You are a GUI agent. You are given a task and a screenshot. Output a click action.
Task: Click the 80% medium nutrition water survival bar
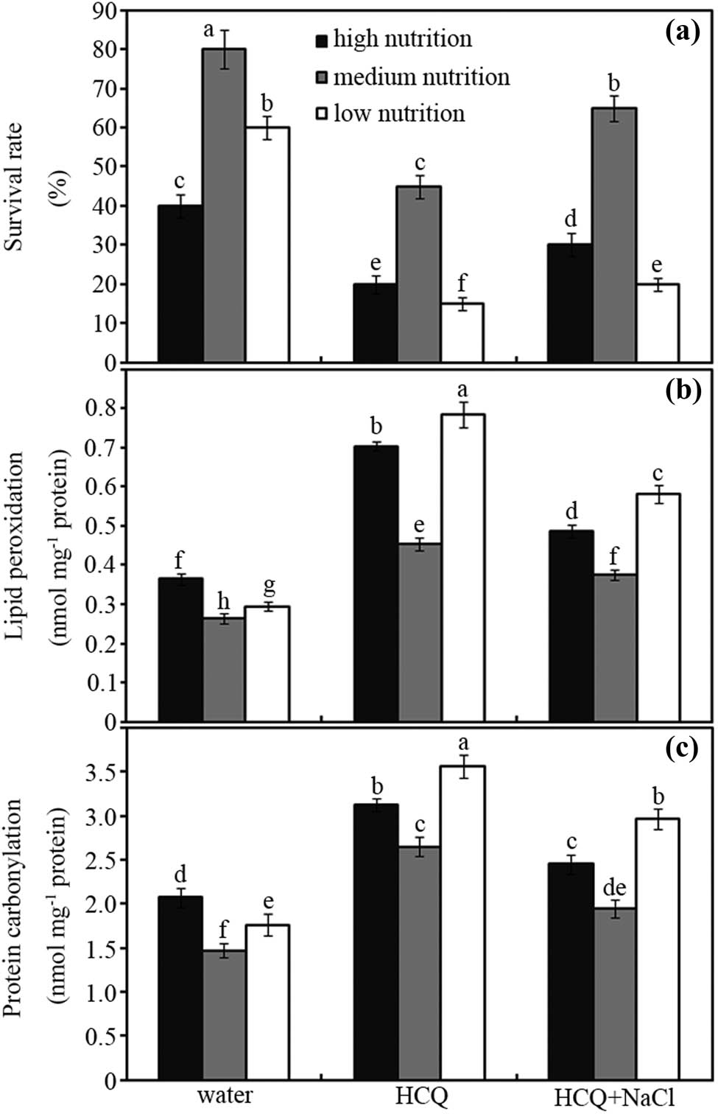(x=224, y=206)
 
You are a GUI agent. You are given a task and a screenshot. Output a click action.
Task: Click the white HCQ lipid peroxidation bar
(x=462, y=567)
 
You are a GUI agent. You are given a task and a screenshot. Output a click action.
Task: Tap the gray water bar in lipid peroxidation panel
(x=224, y=670)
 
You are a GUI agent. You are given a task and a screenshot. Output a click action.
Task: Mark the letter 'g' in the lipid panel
(x=269, y=586)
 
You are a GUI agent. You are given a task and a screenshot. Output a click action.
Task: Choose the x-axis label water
(x=224, y=1095)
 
